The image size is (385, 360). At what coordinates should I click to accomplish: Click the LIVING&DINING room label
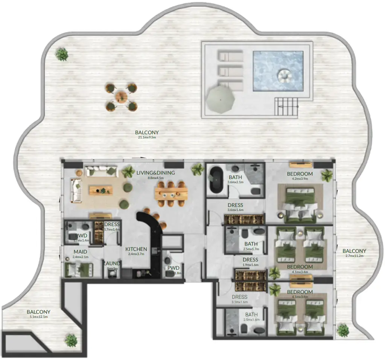pos(156,173)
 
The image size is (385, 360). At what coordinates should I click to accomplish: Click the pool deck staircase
pos(287,106)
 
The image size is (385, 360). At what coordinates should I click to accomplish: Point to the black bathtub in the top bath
pos(216,181)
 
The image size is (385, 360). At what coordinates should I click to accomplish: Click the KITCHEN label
pos(136,249)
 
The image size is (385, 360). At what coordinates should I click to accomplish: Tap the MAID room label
pos(80,252)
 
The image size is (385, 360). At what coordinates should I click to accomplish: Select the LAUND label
pos(112,263)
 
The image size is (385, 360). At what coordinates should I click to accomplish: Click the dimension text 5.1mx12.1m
pos(39,317)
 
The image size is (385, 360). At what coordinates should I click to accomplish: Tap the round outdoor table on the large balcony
pos(121,97)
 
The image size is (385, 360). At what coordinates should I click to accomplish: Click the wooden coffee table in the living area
pos(100,190)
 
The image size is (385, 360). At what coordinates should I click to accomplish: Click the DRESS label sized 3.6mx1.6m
pos(235,205)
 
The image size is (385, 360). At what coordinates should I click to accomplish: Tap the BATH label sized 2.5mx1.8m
pos(251,314)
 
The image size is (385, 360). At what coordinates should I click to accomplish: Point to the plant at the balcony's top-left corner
pos(62,55)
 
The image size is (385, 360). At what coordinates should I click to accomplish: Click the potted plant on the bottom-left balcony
pos(71,340)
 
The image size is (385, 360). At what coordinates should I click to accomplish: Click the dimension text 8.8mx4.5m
pos(156,178)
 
